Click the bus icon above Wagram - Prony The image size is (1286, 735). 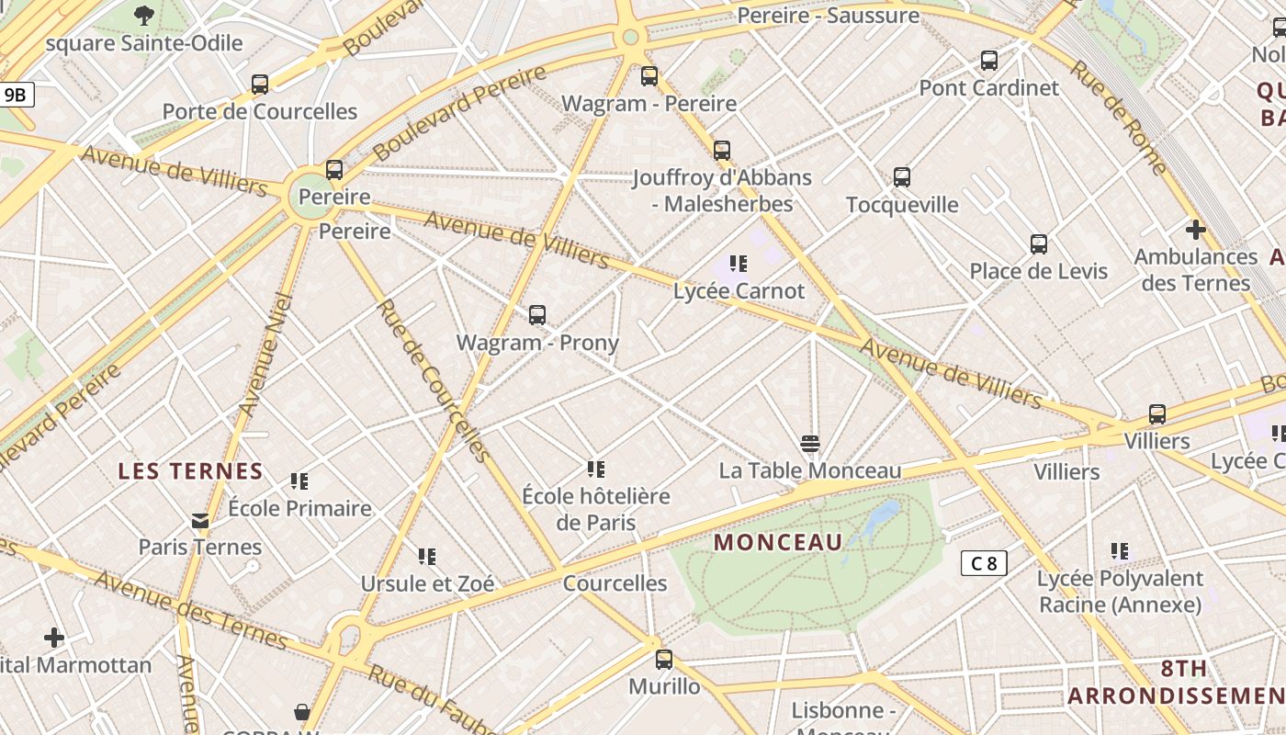[537, 315]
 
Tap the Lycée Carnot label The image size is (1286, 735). [739, 291]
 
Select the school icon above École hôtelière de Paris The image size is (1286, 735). [596, 469]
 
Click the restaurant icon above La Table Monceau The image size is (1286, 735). [809, 444]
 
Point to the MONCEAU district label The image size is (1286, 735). [778, 542]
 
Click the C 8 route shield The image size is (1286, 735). [984, 563]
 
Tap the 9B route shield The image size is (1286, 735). [17, 95]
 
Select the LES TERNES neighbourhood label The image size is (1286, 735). [190, 471]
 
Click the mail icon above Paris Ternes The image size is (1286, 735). [200, 521]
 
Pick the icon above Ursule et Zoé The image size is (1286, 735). [427, 556]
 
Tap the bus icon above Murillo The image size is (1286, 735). [663, 660]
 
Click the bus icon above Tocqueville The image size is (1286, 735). [902, 177]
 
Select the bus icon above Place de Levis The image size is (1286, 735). [1039, 244]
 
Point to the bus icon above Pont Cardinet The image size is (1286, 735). [989, 61]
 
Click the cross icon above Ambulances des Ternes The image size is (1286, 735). [1195, 230]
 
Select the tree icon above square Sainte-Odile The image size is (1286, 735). [144, 16]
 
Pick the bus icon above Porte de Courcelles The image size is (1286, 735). [260, 85]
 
